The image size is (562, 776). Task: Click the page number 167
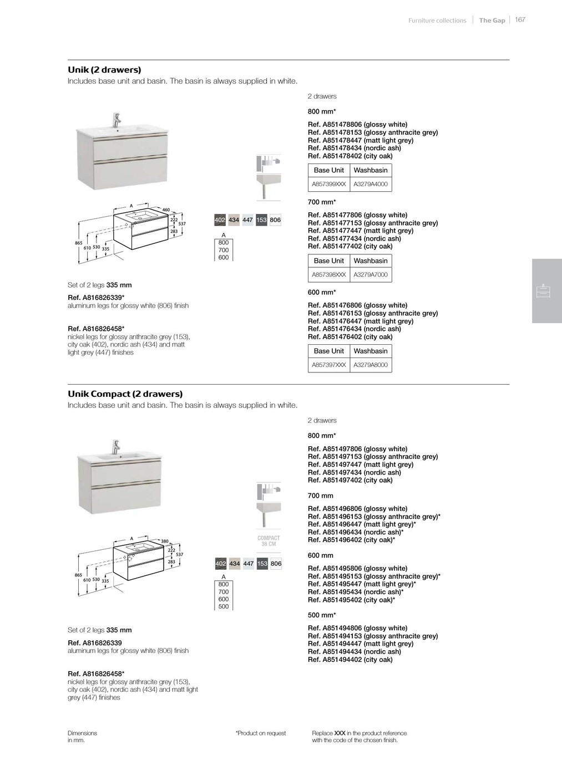pos(520,20)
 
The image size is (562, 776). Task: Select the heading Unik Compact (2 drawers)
pos(125,394)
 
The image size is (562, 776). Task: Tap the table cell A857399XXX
pos(328,184)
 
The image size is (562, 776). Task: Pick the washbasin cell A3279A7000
pos(371,274)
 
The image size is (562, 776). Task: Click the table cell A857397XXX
pos(328,365)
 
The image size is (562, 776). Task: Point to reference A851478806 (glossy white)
pos(357,125)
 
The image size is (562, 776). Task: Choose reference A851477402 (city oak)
pos(350,247)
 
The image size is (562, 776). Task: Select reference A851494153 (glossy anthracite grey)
pos(373,636)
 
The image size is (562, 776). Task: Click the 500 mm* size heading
pos(322,615)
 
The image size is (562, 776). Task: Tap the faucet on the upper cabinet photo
pos(117,119)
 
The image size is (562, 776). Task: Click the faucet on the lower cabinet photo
pos(116,447)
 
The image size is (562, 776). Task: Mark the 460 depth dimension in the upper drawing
pos(165,210)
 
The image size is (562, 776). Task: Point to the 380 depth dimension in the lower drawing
pos(164,541)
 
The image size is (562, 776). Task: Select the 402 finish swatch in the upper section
pos(220,220)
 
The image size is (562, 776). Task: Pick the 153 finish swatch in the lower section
pos(262,564)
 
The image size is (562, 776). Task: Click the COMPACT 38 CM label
pos(269,541)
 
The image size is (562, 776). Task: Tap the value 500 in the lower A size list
pos(224,606)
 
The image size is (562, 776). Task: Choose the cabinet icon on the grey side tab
pos(544,291)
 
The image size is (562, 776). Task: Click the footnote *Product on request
pos(261,733)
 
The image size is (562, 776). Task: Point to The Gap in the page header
pos(492,21)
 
